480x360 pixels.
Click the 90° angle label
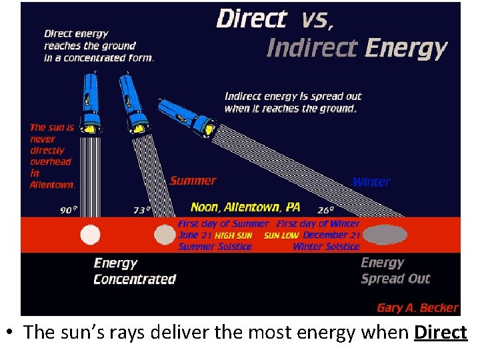[68, 210]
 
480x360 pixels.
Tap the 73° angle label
[140, 210]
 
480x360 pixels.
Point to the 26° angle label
[326, 210]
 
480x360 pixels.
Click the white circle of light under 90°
[90, 235]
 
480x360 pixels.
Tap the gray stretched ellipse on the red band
[385, 235]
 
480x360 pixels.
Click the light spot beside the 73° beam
[163, 235]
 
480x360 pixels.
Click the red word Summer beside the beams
[193, 181]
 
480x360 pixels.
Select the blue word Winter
[371, 181]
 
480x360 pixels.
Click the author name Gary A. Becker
[417, 307]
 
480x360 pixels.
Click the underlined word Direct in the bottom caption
[440, 332]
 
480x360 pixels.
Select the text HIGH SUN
[233, 236]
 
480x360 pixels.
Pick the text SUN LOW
[281, 236]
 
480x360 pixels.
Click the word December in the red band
[325, 235]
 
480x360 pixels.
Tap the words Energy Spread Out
[395, 271]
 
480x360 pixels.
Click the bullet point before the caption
[13, 333]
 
